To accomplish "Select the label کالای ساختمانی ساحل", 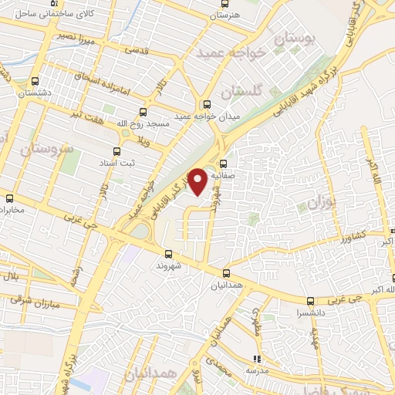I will click(x=46, y=13).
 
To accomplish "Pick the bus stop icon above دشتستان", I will click(x=35, y=82).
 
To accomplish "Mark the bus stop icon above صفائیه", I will click(x=224, y=164).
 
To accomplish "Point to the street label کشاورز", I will click(x=333, y=238).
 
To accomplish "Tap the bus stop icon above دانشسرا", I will click(x=310, y=302).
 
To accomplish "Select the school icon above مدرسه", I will click(x=257, y=359).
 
